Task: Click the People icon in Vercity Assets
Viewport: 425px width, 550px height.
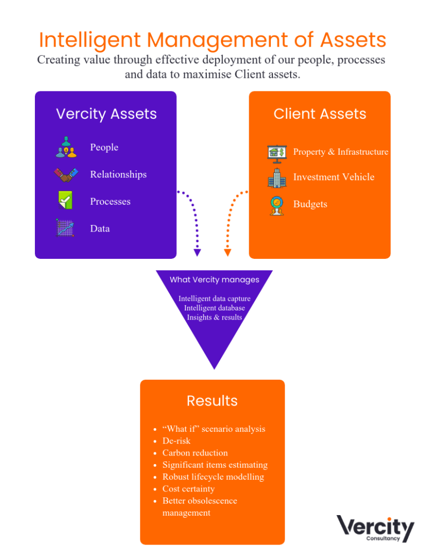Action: coord(66,147)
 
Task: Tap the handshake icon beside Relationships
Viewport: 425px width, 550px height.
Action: coord(66,175)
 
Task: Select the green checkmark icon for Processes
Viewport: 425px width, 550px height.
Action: coord(65,200)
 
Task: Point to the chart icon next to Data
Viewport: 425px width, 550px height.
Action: coord(65,228)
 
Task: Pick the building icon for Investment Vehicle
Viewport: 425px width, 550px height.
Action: coord(277,178)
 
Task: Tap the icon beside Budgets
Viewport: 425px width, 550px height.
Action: coord(277,206)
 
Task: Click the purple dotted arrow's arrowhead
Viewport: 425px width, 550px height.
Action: coord(197,252)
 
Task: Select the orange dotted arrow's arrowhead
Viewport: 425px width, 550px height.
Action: coord(227,252)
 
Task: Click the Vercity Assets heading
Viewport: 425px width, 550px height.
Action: coord(106,114)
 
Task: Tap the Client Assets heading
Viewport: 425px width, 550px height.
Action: coord(320,114)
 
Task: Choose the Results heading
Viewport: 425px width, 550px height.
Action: coord(212,401)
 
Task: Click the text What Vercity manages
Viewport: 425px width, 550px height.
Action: coord(214,280)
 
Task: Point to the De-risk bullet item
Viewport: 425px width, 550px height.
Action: coord(176,441)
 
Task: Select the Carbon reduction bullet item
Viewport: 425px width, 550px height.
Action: coord(195,453)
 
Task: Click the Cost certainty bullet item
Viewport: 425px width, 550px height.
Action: coord(189,489)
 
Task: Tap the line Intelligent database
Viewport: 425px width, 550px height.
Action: coord(214,308)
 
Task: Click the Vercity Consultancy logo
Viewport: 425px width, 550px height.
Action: coord(375,529)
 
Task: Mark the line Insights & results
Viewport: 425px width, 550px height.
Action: coord(214,317)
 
